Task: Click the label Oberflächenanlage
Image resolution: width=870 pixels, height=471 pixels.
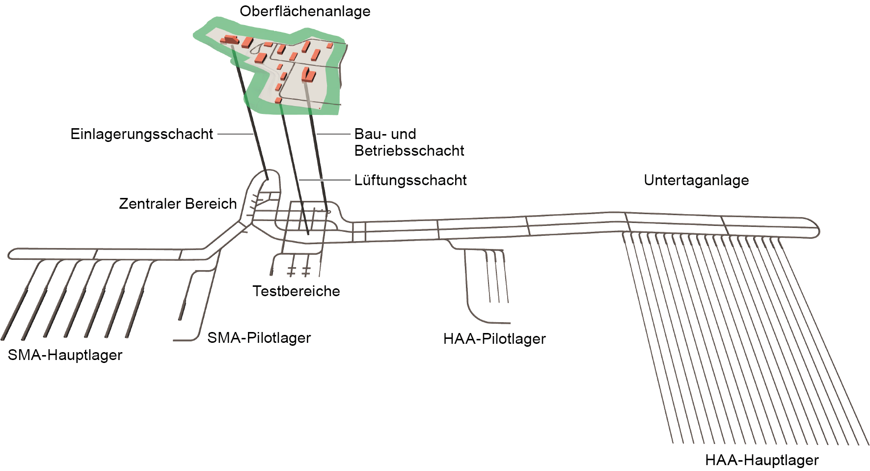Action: coord(305,11)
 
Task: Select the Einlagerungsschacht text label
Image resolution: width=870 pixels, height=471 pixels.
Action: coord(141,134)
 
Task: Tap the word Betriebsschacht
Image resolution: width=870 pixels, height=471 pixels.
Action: coord(409,151)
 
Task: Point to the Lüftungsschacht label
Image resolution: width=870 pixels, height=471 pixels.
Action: coord(410,180)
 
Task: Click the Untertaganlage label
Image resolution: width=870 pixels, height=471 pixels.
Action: coord(696,180)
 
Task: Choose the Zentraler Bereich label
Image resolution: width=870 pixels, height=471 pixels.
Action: coord(178,204)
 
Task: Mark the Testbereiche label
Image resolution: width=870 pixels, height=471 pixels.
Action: coord(296,291)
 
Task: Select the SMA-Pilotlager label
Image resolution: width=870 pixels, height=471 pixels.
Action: coord(259,338)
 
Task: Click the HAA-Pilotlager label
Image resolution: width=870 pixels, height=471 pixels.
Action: coord(494,339)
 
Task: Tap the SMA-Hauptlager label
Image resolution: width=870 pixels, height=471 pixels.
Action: coord(65,355)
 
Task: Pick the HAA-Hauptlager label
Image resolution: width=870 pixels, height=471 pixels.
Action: coord(761,460)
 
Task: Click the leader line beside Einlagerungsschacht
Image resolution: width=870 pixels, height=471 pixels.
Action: coord(235,134)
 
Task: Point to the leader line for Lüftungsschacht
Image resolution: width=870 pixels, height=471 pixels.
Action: coord(325,180)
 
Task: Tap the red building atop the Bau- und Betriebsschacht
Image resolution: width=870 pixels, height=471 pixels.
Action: coord(308,75)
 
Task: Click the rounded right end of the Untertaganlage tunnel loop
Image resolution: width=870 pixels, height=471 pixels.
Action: coord(816,229)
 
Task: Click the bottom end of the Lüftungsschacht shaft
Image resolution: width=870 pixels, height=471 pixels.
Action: coord(308,233)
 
